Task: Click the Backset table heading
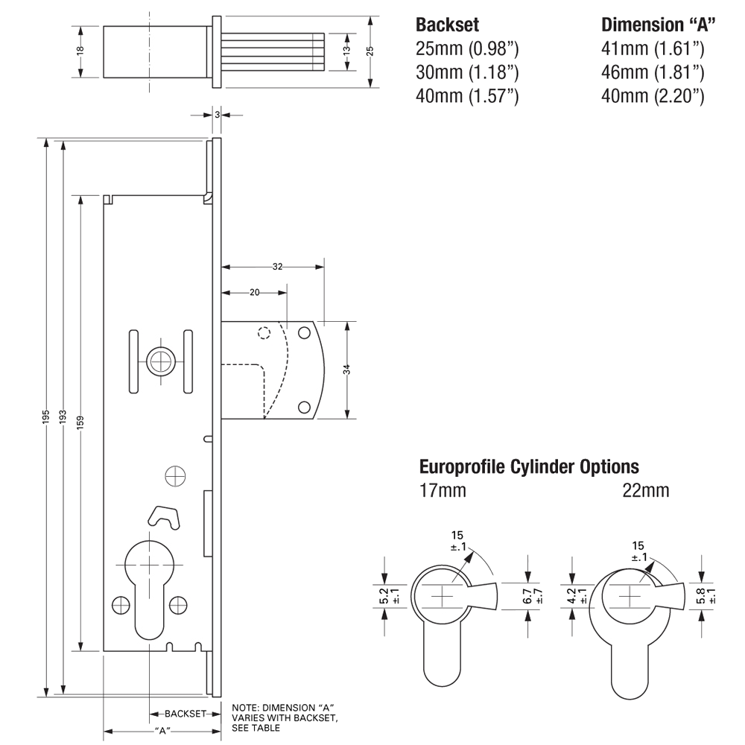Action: point(448,24)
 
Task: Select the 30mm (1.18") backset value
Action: point(466,72)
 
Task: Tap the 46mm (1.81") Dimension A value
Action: point(653,72)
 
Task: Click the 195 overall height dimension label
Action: point(46,416)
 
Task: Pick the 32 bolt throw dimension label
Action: point(277,266)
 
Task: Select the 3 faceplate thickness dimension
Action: point(217,115)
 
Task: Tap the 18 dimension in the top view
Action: point(80,51)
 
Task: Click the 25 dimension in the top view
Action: point(370,51)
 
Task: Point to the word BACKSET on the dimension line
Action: point(185,713)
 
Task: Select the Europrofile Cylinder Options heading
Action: point(529,467)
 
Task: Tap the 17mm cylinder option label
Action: point(443,490)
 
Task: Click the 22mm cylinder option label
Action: point(646,490)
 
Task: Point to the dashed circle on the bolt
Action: point(263,333)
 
